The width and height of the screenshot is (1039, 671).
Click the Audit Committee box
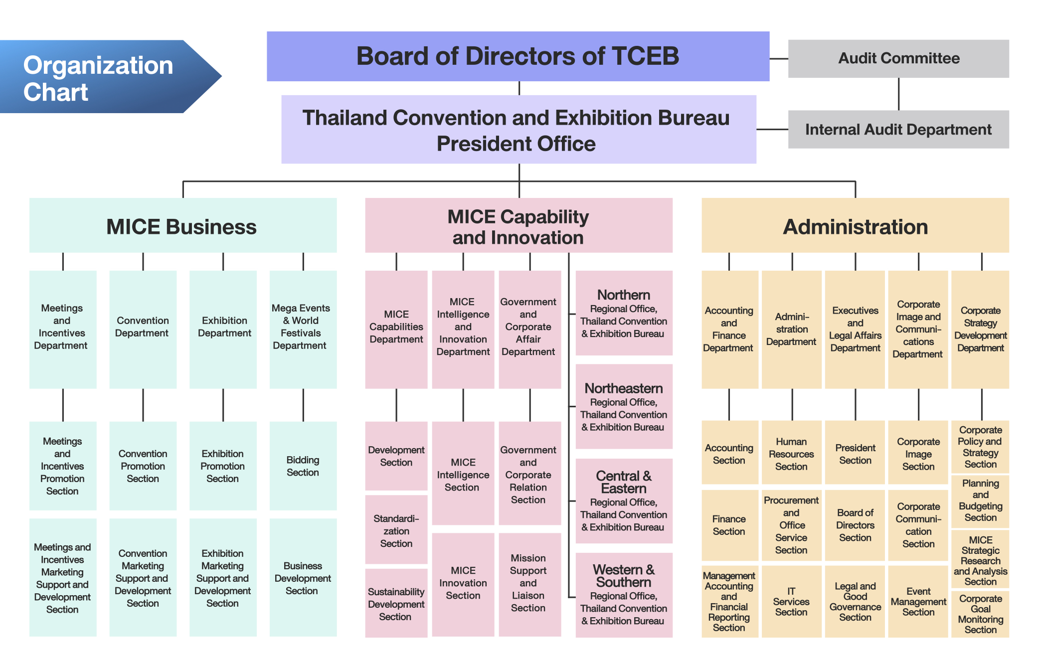(x=898, y=58)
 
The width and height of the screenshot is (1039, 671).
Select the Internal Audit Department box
(x=898, y=129)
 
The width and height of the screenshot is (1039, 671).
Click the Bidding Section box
(x=303, y=466)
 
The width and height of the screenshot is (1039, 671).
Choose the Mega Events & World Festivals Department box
(x=303, y=329)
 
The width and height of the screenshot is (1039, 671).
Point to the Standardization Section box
(x=396, y=530)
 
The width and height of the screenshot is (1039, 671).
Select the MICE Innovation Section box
(x=463, y=583)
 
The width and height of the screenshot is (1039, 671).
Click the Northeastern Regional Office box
(x=624, y=406)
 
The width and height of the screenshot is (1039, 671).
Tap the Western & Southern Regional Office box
(x=624, y=594)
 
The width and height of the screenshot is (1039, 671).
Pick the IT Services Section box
(x=791, y=601)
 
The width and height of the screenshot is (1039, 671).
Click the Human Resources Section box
(x=791, y=453)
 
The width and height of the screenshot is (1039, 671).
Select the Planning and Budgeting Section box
(x=980, y=501)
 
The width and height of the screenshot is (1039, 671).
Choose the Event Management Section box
(x=918, y=601)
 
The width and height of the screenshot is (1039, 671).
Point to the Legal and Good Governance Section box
(x=855, y=601)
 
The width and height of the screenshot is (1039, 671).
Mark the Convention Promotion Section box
(x=143, y=466)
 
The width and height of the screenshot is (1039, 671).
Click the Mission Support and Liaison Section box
(x=528, y=583)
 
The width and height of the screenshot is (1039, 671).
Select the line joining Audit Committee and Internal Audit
(x=898, y=94)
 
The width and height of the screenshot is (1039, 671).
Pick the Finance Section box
(x=729, y=525)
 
